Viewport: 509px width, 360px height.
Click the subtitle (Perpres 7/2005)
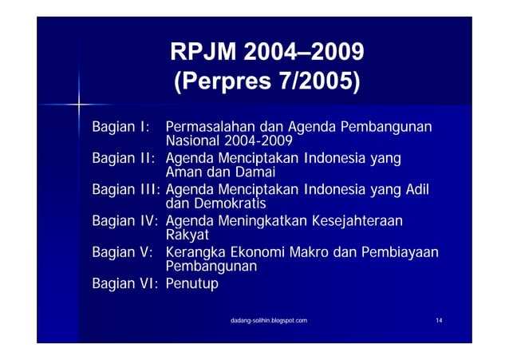click(266, 81)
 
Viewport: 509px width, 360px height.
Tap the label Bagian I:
click(120, 127)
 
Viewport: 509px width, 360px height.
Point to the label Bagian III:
click(126, 190)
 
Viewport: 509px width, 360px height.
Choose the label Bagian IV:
click(124, 221)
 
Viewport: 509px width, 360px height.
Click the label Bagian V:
click(122, 252)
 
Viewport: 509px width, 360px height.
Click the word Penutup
click(191, 283)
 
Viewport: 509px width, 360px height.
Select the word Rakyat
click(187, 235)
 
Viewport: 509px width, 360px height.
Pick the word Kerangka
click(195, 252)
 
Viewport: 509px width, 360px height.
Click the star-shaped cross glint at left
click(80, 105)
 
